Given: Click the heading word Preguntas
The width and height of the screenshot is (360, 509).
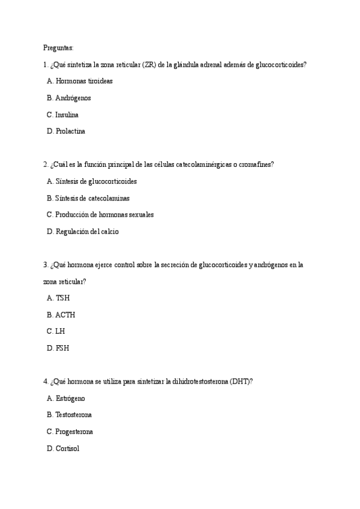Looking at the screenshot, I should click(x=58, y=47).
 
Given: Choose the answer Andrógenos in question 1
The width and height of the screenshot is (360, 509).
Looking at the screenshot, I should click(x=73, y=98).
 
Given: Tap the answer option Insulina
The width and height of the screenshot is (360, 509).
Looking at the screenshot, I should click(x=67, y=115).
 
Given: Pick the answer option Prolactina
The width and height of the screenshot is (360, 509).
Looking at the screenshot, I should click(x=70, y=131).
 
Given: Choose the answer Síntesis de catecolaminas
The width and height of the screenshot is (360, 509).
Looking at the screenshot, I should click(x=92, y=198).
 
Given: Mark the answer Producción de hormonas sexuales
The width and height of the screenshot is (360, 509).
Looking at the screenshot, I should click(x=104, y=215).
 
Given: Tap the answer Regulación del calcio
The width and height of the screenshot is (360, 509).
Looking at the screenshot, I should click(x=87, y=232).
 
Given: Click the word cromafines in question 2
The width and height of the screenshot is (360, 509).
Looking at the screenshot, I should click(x=256, y=164).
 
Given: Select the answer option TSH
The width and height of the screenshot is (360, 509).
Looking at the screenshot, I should click(x=62, y=298).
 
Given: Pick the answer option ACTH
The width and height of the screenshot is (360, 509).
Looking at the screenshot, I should click(x=65, y=315).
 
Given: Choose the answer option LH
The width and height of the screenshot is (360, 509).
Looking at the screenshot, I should click(x=60, y=331).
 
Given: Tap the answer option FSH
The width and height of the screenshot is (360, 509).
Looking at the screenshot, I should click(x=62, y=348).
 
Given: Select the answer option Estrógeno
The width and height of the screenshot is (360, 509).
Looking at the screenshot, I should click(x=70, y=398).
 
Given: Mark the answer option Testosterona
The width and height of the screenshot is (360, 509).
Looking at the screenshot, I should click(x=73, y=415).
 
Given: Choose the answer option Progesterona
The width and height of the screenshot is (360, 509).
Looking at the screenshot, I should click(x=74, y=432).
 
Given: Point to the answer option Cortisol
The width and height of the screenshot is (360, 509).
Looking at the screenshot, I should click(x=67, y=448).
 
